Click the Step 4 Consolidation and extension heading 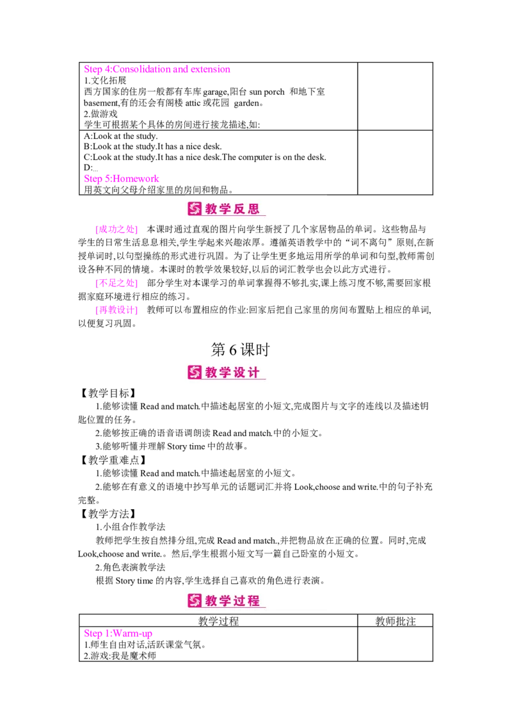157,69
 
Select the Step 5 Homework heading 122,179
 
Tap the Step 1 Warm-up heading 118,635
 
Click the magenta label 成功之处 116,229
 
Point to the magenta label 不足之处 116,282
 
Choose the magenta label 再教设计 116,311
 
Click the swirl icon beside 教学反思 195,209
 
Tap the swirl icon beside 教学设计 195,372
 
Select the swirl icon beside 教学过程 195,601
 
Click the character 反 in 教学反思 239,209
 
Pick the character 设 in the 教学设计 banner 239,372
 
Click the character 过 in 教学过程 239,601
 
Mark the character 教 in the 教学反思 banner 211,209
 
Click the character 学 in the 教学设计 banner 225,372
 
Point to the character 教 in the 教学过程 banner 211,601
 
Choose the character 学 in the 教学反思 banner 225,209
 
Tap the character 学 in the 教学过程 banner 225,601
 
